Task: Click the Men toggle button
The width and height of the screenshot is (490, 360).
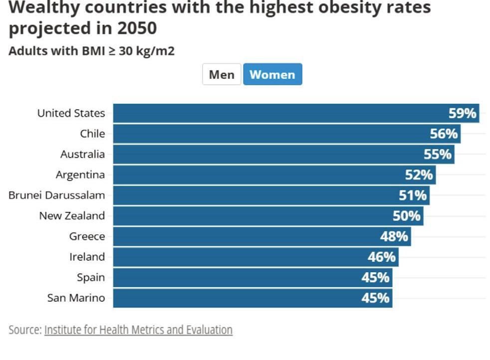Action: coord(222,75)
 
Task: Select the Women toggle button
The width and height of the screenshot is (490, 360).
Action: coord(272,75)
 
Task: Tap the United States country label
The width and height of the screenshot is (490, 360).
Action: coord(71,113)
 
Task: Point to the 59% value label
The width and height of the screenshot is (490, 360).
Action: coord(463,113)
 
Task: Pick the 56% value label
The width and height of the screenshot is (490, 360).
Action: coord(444,134)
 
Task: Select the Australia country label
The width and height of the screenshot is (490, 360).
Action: coord(82,154)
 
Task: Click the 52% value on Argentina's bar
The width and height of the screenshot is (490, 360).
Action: coord(419,175)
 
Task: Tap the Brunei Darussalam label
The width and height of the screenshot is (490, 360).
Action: coord(56,195)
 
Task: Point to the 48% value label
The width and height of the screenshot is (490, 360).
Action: coord(394,236)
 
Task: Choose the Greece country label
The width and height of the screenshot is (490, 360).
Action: coord(87,236)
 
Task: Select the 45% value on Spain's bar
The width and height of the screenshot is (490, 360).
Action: coord(375,277)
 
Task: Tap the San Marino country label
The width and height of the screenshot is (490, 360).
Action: coord(76,298)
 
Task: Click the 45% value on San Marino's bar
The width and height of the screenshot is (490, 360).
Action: coord(375,298)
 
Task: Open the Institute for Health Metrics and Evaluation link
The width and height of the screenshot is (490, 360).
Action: coord(138,330)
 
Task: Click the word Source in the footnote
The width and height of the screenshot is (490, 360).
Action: coord(24,330)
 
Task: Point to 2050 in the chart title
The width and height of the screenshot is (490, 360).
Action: coord(137,28)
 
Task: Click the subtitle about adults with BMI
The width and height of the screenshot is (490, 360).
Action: coord(92,51)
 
